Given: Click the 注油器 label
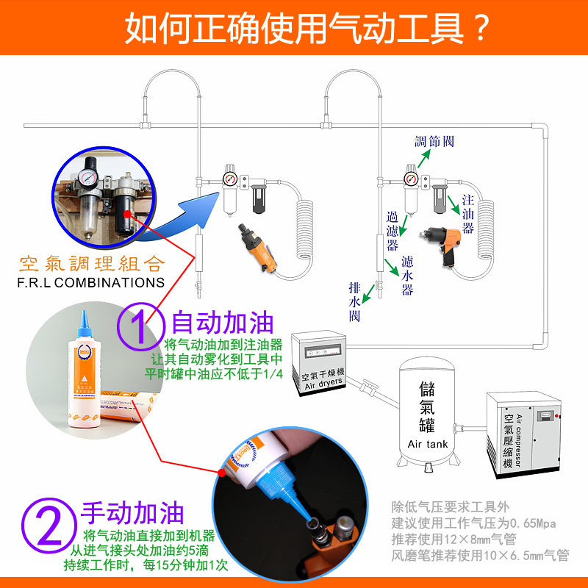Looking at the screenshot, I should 467,214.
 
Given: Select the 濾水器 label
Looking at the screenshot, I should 407,276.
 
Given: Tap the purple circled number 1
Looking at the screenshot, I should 140,325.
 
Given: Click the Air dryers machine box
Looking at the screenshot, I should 317,365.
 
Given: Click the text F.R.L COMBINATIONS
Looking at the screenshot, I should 91,282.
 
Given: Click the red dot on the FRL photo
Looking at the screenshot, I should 128,215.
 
